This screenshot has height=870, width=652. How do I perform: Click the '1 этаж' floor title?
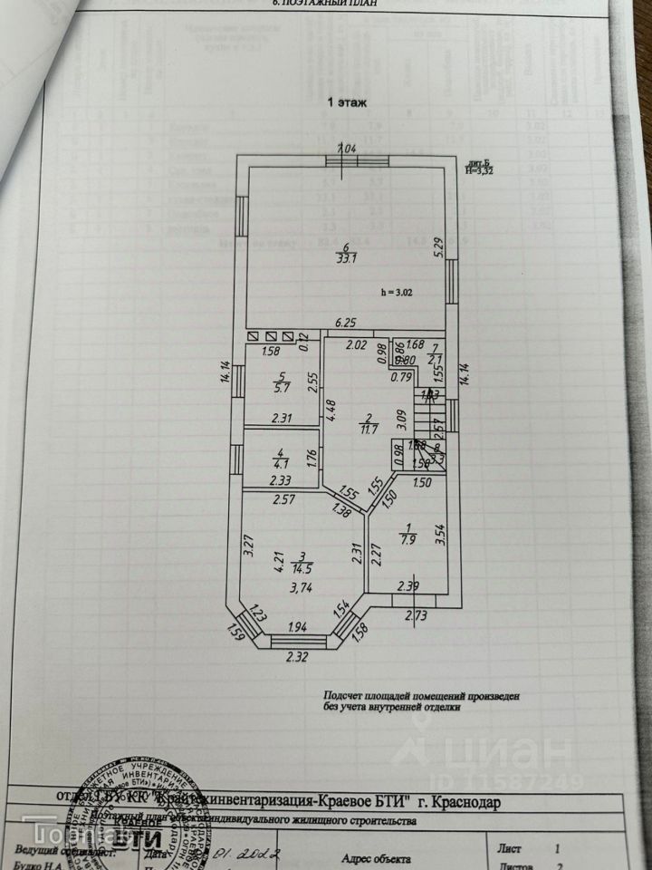click(x=347, y=103)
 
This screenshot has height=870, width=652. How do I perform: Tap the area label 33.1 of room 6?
click(x=345, y=256)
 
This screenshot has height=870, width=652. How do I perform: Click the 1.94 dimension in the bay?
click(x=298, y=627)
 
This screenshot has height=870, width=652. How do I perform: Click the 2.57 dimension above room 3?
click(x=261, y=499)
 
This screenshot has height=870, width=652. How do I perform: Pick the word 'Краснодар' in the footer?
click(x=465, y=801)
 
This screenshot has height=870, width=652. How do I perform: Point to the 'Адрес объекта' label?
click(x=376, y=858)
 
